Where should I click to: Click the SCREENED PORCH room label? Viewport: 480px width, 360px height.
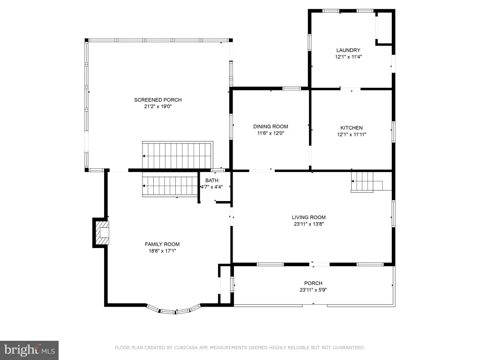click(x=157, y=100)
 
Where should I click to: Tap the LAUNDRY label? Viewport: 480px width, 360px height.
click(x=348, y=50)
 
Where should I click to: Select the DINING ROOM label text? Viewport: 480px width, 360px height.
click(x=270, y=127)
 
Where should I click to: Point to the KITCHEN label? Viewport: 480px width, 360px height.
click(x=352, y=128)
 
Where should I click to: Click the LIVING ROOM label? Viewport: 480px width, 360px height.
click(x=308, y=217)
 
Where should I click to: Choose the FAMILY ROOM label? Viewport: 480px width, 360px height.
click(x=162, y=244)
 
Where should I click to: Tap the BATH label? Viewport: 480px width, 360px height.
click(x=212, y=180)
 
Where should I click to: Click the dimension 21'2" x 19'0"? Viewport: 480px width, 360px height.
click(x=157, y=106)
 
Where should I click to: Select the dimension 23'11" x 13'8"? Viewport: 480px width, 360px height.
click(x=308, y=224)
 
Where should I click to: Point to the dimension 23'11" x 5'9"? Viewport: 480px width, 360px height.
click(x=313, y=290)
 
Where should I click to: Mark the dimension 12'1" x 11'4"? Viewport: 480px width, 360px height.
click(x=348, y=57)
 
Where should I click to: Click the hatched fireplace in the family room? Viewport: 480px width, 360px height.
click(x=101, y=232)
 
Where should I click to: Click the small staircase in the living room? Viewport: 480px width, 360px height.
click(x=367, y=182)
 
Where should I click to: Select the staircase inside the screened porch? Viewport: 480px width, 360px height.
click(x=177, y=155)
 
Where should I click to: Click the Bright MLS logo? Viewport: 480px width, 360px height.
click(x=29, y=350)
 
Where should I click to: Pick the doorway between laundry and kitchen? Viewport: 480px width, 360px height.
click(x=351, y=89)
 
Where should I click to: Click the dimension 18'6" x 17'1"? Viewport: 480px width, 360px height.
click(x=162, y=251)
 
